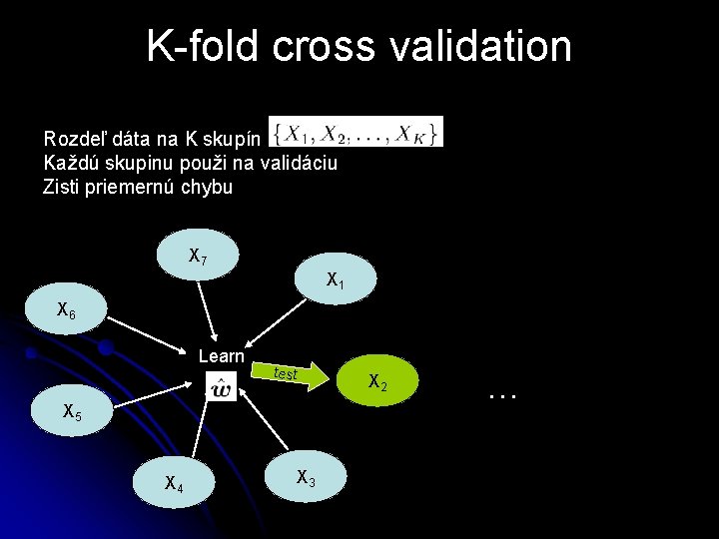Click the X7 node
pyautogui.click(x=198, y=256)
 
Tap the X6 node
pyautogui.click(x=66, y=311)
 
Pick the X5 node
pyautogui.click(x=71, y=409)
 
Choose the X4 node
pyautogui.click(x=174, y=483)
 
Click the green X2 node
pyautogui.click(x=377, y=380)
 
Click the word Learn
pyautogui.click(x=222, y=356)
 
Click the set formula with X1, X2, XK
pyautogui.click(x=356, y=132)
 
